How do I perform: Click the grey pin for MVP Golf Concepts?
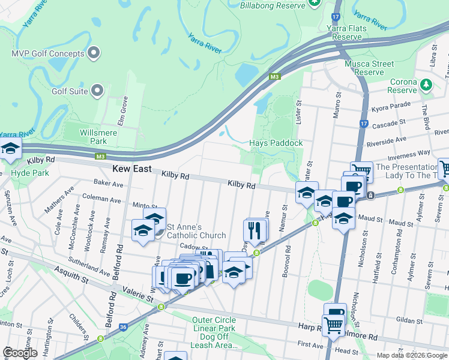(x=94, y=54)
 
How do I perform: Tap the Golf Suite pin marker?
(x=97, y=91)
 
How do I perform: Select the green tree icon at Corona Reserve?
(x=427, y=84)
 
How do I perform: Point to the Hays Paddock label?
(x=276, y=143)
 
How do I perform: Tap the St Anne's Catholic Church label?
(x=196, y=232)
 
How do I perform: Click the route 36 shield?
(x=123, y=327)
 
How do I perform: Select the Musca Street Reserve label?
(x=369, y=68)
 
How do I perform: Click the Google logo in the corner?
(x=20, y=352)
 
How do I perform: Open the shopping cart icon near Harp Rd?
(x=334, y=326)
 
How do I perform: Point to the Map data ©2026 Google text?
(x=412, y=355)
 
